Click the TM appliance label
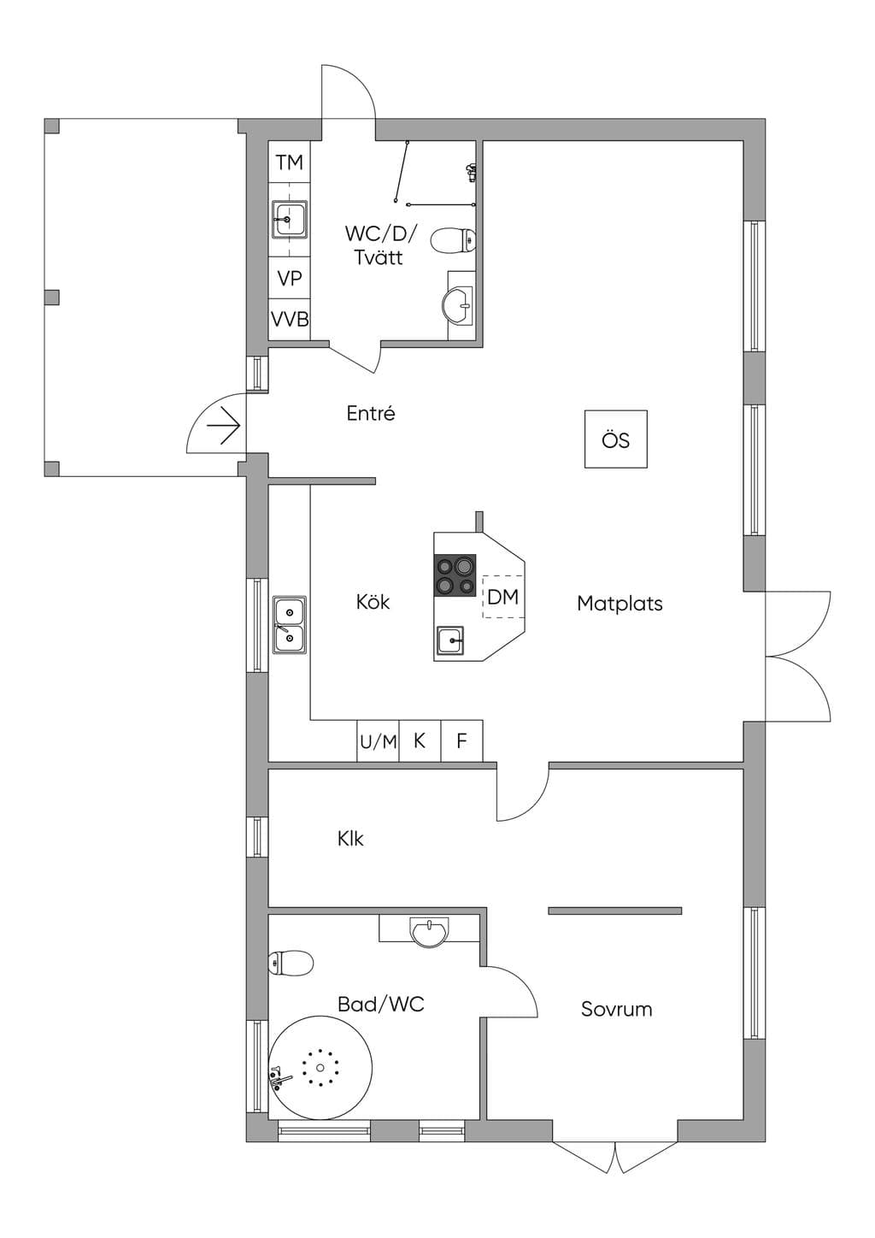click(290, 162)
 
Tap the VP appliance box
click(290, 278)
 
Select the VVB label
click(290, 319)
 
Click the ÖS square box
click(616, 439)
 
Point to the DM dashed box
click(503, 596)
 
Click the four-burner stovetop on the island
click(455, 575)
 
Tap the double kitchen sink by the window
click(290, 625)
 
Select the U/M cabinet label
click(379, 742)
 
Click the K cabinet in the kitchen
click(420, 740)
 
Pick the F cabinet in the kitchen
click(461, 740)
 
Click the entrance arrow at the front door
click(224, 426)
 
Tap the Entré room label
click(371, 414)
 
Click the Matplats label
click(620, 604)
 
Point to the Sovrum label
click(616, 1009)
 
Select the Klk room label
click(351, 839)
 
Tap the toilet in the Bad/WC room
click(291, 963)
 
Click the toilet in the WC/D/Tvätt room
click(453, 241)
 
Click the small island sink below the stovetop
click(450, 641)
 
